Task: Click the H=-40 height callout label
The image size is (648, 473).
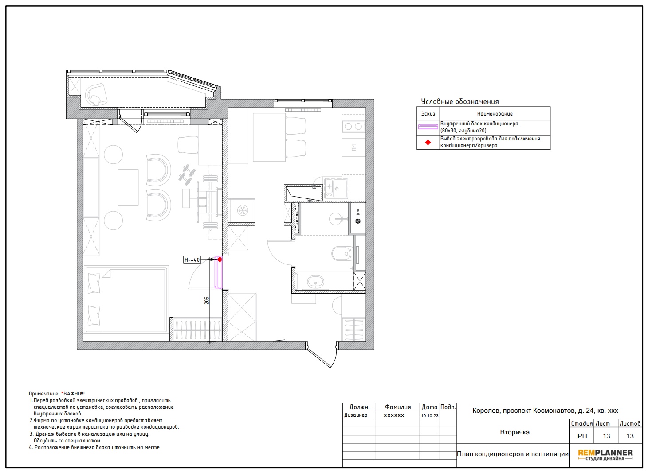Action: click(x=192, y=260)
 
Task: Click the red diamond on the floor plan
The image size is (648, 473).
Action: click(x=220, y=260)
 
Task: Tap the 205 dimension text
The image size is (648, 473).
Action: click(x=207, y=301)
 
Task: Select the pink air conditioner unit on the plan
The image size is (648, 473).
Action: click(x=218, y=272)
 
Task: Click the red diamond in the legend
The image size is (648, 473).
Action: click(x=428, y=142)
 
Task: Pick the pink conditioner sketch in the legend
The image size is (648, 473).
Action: click(x=428, y=127)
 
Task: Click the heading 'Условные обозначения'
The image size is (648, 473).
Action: click(x=460, y=102)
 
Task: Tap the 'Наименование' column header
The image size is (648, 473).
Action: click(x=495, y=114)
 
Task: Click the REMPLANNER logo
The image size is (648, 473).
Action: click(x=605, y=455)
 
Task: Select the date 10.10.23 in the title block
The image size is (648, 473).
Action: click(x=430, y=416)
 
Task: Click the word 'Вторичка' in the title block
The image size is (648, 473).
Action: click(x=514, y=432)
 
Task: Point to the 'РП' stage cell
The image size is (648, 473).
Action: click(x=582, y=436)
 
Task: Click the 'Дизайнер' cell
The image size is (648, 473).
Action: click(x=356, y=415)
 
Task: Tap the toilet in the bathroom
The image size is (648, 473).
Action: click(x=342, y=253)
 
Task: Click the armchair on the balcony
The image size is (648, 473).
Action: click(x=96, y=94)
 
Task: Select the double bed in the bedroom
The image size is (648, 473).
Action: click(x=126, y=300)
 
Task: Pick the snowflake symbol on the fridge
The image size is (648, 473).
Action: click(x=243, y=210)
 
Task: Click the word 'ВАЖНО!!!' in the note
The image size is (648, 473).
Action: click(x=74, y=394)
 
